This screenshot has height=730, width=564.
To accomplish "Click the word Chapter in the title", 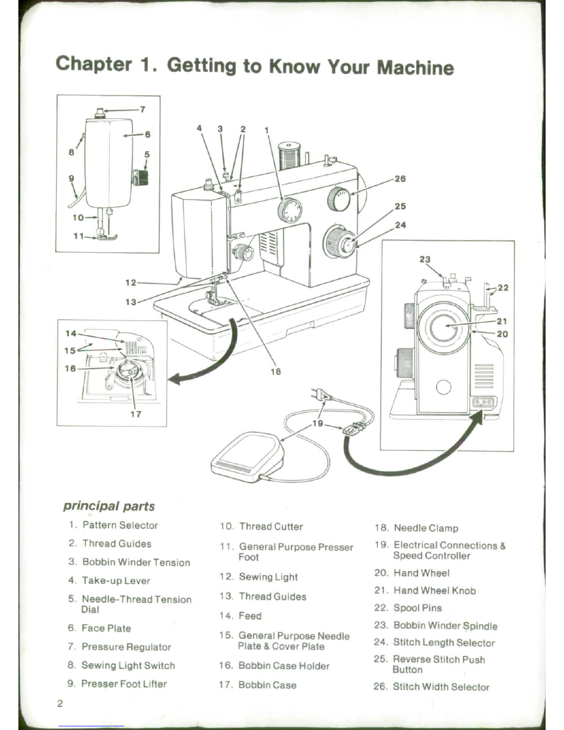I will pos(94,64).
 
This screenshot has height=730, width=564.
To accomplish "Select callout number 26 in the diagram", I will pos(400,179).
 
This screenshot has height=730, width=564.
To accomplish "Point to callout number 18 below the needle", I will pos(276,371).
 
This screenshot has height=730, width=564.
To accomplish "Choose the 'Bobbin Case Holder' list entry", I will pos(283,666).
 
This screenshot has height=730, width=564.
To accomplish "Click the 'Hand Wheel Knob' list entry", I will pos(435,591).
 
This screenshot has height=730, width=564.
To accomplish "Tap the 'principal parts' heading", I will pos(109,506).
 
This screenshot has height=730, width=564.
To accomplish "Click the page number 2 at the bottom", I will pos(60,704).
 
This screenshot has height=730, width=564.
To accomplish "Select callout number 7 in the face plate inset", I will pos(143,110).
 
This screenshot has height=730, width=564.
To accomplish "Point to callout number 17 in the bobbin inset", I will pos(135,414).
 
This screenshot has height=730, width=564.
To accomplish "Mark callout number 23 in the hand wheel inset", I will pos(424,259).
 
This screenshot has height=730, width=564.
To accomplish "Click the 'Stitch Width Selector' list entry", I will pos(441,687).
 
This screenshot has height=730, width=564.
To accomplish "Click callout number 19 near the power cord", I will pos(318,423).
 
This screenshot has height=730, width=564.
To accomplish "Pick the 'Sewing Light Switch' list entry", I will pos(128,665).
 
